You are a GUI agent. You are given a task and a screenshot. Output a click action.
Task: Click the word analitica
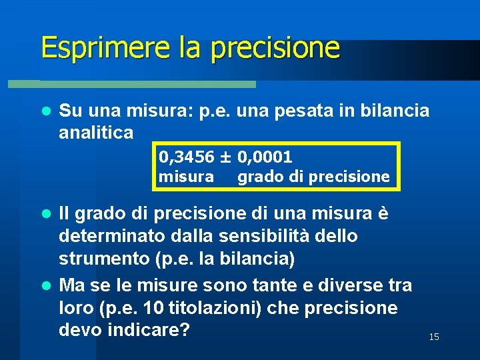(x=96, y=133)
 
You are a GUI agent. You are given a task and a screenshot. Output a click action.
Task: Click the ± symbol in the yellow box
(x=225, y=157)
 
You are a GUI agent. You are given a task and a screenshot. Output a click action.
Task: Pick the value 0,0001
(x=264, y=157)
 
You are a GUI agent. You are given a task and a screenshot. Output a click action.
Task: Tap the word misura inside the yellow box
(x=186, y=177)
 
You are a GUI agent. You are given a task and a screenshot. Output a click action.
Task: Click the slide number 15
(x=434, y=337)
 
